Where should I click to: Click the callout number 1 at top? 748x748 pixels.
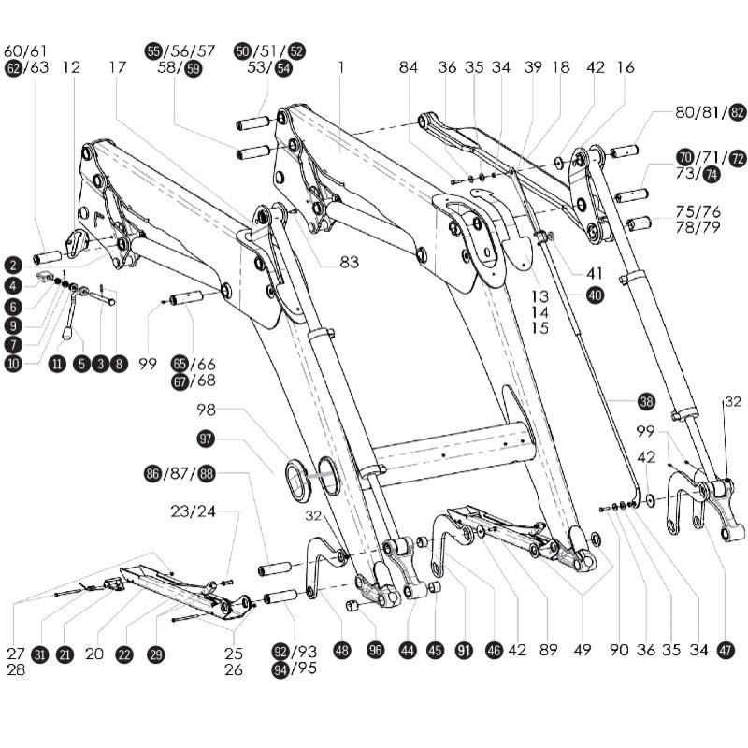point(342,67)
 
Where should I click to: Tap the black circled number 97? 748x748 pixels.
point(206,438)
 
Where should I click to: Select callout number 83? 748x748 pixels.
point(349,263)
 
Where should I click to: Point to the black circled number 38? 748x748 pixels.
point(646,402)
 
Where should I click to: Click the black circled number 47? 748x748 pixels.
point(727,651)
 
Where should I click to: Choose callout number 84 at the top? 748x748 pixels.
point(409,67)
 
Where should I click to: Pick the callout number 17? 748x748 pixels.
point(117,67)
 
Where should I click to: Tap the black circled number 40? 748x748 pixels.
point(596,295)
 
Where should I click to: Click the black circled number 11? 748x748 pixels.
point(57,365)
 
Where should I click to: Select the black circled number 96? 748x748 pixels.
point(376,651)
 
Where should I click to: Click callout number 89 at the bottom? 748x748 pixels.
point(548,651)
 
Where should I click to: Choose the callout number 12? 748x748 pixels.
point(72,67)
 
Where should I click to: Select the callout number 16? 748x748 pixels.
point(626,67)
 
